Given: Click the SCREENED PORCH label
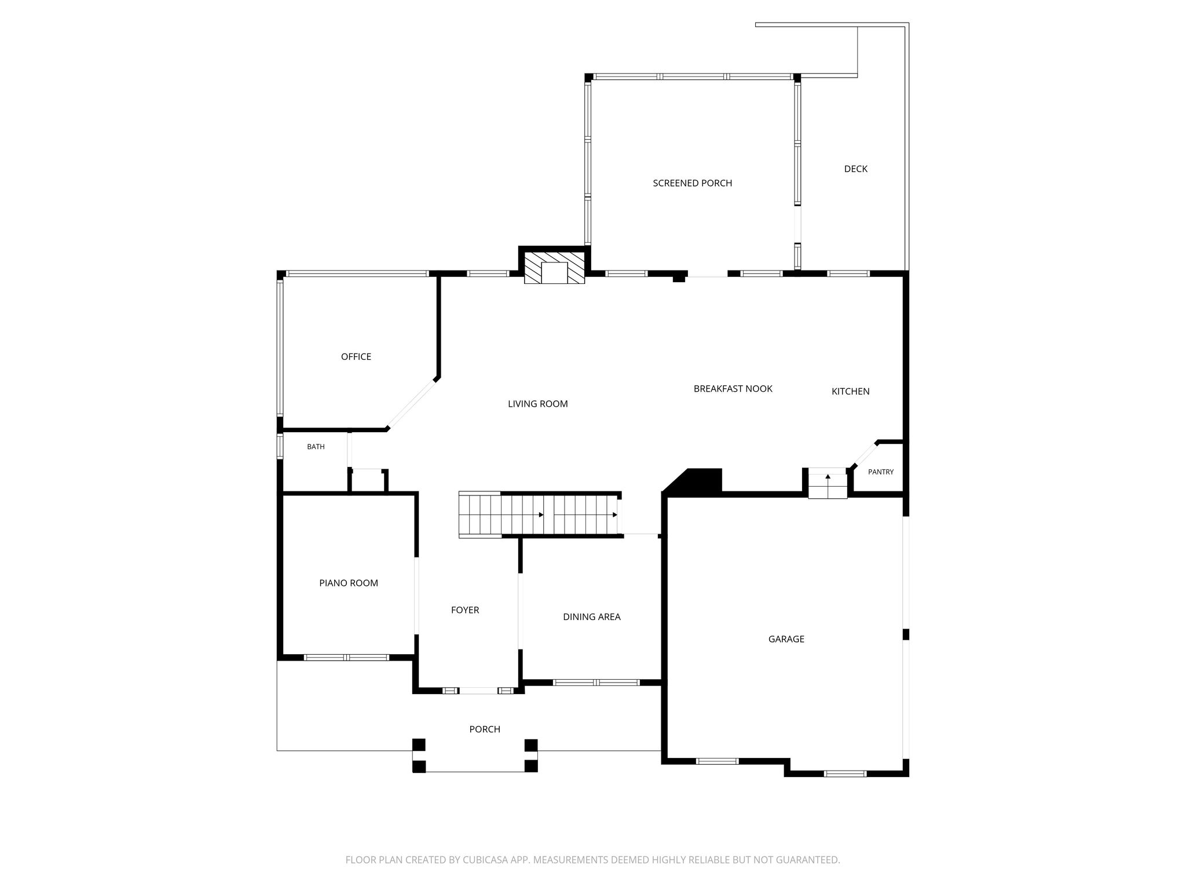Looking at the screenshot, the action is [x=692, y=183].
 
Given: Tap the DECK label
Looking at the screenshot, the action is [x=855, y=169].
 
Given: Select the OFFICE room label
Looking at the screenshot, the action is [x=356, y=356].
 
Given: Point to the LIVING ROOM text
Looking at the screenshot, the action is [x=537, y=404].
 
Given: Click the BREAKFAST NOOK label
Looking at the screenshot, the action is [x=733, y=388].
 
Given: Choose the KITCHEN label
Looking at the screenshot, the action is [x=850, y=391].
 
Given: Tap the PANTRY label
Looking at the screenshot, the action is [x=880, y=472].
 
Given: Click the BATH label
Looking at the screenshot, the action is [x=316, y=447].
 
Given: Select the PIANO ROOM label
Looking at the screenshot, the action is [x=348, y=583].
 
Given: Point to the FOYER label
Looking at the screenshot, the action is [x=464, y=610].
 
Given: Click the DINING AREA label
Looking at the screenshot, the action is [x=591, y=617].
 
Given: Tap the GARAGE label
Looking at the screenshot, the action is [x=786, y=639].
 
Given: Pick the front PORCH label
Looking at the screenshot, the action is [x=484, y=729].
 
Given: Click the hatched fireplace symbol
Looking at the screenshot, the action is [x=554, y=267].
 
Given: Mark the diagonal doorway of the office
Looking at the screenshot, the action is [x=412, y=404].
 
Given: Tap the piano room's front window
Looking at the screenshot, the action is [x=346, y=657].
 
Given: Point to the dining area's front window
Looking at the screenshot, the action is [x=596, y=683].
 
